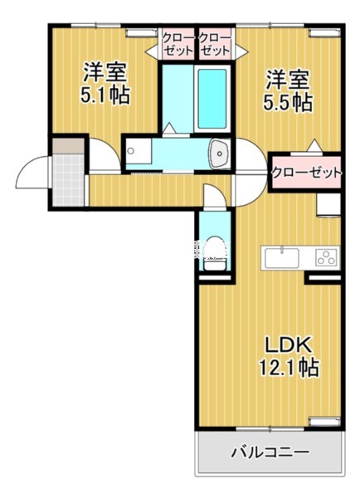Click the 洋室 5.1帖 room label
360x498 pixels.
(x=105, y=82)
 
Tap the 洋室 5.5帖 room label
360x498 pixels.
(x=288, y=91)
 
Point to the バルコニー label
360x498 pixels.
(x=270, y=454)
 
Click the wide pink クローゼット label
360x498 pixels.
(x=306, y=173)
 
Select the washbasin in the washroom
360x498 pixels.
(x=221, y=152)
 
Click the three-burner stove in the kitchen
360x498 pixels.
(x=326, y=257)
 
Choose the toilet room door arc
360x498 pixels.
(x=213, y=196)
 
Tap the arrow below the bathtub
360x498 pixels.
(x=169, y=128)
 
